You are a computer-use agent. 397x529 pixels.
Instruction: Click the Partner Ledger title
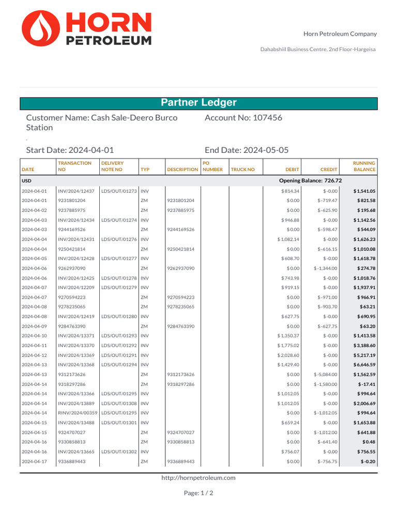[x=198, y=103]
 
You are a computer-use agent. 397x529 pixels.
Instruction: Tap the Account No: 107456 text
[x=243, y=118]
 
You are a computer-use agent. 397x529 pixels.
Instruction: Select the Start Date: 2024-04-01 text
[x=70, y=150]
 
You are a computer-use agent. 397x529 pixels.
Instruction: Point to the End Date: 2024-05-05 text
[x=247, y=150]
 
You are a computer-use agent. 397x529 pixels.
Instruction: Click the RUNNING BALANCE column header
[x=364, y=166]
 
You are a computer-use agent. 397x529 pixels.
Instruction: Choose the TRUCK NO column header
[x=243, y=169]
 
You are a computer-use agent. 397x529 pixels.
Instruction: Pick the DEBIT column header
[x=292, y=169]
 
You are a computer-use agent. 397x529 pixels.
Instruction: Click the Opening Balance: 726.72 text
[x=310, y=181]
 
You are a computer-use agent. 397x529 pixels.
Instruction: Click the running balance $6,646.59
[x=364, y=365]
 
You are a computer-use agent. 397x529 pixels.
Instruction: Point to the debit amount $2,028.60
[x=288, y=355]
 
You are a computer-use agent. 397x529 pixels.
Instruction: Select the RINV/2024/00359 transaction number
[x=78, y=413]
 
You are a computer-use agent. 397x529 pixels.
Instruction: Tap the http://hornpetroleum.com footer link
[x=198, y=478]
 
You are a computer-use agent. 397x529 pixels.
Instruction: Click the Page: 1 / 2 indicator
[x=198, y=493]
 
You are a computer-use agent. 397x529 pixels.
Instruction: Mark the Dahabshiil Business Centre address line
[x=317, y=49]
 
